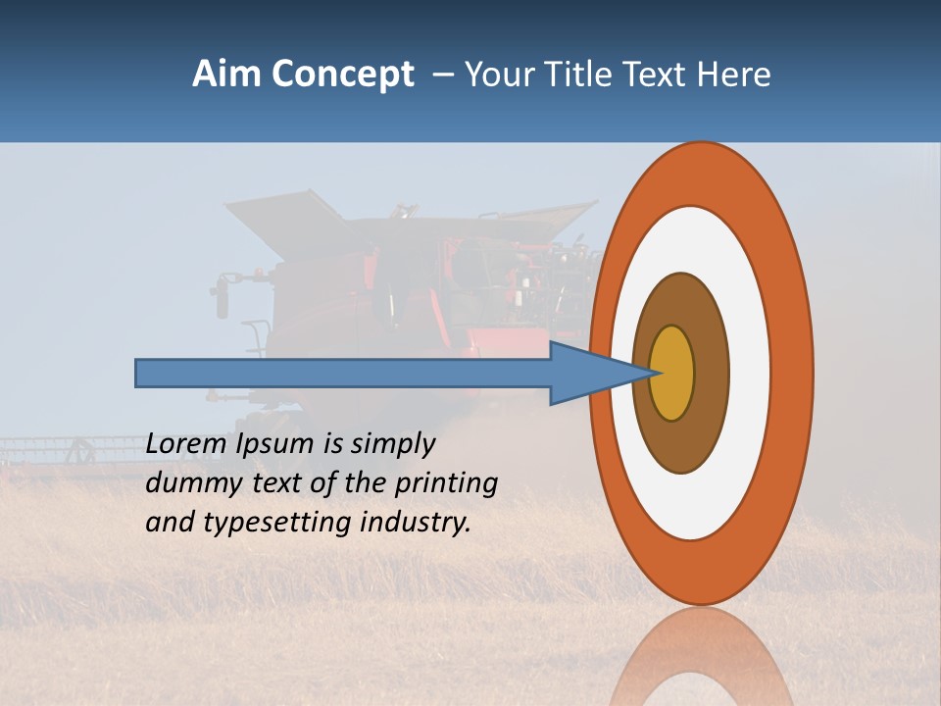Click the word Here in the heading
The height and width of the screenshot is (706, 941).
coord(732,75)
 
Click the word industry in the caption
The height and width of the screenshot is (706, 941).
coord(416,523)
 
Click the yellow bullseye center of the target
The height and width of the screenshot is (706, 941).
coord(672,374)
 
